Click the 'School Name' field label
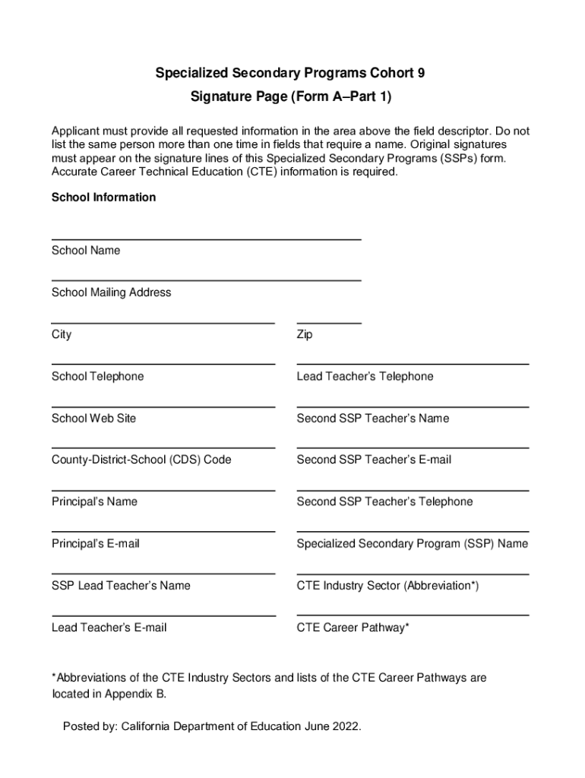pos(85,251)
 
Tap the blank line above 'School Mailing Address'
pos(206,280)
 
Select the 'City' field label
pos(62,334)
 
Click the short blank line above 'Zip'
pos(328,323)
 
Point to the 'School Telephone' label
pos(97,377)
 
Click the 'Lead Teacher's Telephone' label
pos(365,377)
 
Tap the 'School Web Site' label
pos(93,419)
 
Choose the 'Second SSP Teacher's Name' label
pos(372,419)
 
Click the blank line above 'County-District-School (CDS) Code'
pos(163,448)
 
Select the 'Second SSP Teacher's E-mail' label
pos(374,460)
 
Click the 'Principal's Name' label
pos(94,501)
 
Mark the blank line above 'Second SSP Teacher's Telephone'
pos(412,490)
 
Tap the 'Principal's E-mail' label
pos(95,544)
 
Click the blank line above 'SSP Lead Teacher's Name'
pos(163,574)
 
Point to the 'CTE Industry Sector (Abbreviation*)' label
pos(387,586)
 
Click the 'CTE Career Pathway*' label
pos(353,628)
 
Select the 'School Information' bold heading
pos(103,198)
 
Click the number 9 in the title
pos(420,74)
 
